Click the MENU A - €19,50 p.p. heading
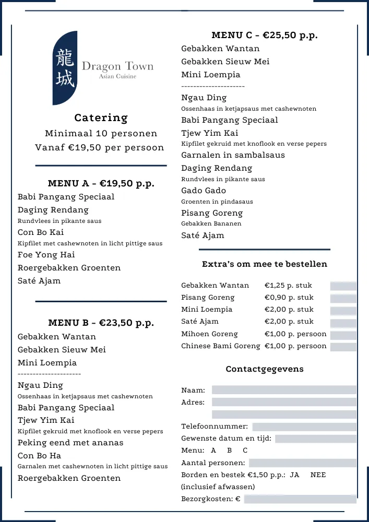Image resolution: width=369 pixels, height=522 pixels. click(101, 183)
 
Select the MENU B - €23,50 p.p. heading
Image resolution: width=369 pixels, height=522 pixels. click(101, 323)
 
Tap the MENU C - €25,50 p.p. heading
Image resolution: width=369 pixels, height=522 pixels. click(264, 35)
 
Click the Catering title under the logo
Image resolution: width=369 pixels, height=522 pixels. click(101, 118)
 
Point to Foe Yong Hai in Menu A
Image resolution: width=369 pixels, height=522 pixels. click(46, 255)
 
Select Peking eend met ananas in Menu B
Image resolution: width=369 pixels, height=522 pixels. click(70, 443)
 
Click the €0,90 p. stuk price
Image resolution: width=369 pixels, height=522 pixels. click(289, 298)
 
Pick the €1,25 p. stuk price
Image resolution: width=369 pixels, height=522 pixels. click(289, 286)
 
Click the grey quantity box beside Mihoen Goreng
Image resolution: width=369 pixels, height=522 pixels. click(343, 335)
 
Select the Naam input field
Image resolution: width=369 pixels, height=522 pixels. click(284, 390)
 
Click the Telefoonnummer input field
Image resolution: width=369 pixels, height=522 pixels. click(304, 427)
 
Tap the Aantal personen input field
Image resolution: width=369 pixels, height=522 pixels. click(302, 463)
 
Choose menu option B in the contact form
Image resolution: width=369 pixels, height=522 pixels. click(229, 450)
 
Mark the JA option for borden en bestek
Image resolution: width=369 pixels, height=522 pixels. click(294, 475)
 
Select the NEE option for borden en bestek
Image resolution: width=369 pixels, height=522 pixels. click(318, 475)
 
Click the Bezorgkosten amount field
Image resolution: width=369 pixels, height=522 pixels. click(300, 499)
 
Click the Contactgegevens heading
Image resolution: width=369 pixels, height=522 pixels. click(264, 369)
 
